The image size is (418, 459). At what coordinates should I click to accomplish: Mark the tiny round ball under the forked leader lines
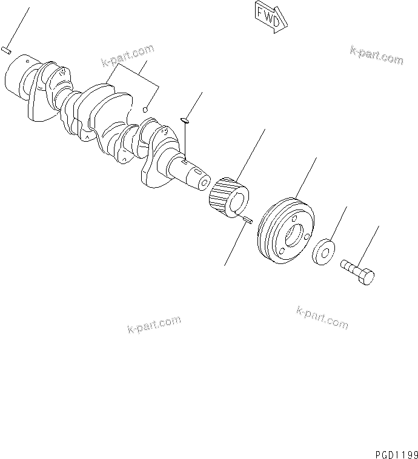pyautogui.click(x=145, y=110)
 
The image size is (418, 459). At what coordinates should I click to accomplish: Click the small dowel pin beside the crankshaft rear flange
pyautogui.click(x=5, y=50)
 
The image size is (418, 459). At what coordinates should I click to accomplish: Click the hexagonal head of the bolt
pyautogui.click(x=367, y=276)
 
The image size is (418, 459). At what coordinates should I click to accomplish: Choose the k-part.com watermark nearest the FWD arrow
pyautogui.click(x=376, y=54)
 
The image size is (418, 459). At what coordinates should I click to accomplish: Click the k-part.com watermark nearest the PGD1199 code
pyautogui.click(x=322, y=317)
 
